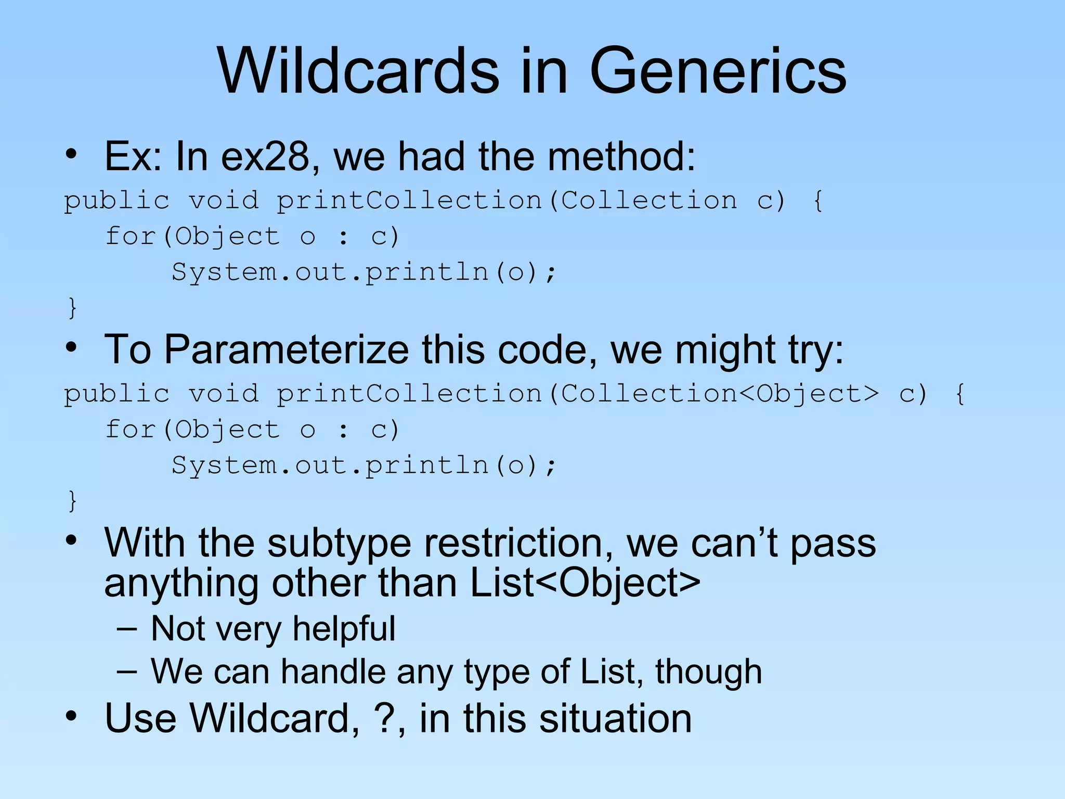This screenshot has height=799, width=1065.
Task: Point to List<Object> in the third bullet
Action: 585,583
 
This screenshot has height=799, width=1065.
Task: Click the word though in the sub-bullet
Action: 708,672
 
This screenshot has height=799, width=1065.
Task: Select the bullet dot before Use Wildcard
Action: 71,716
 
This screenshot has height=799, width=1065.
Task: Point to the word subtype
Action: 339,543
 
